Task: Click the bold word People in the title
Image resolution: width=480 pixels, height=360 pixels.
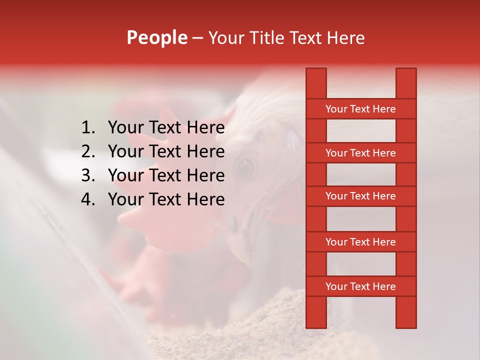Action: tap(157, 37)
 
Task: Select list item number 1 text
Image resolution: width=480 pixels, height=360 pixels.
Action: tap(166, 128)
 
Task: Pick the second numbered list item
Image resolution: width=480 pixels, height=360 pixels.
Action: tap(166, 151)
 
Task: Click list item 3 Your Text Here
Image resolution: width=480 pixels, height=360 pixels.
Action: tap(166, 175)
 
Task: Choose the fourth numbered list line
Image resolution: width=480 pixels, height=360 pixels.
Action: tap(166, 199)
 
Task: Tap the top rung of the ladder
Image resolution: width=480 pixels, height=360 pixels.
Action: tap(360, 109)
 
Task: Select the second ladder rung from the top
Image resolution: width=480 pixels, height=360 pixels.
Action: tap(360, 153)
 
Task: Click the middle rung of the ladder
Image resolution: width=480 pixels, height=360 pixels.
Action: tap(360, 196)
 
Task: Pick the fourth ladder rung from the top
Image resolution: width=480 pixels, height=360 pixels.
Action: tap(360, 242)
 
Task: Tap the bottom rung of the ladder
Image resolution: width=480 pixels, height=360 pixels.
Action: tap(360, 286)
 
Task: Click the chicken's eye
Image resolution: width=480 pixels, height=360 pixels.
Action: tap(245, 167)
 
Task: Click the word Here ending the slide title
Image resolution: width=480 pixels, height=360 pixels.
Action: tap(346, 37)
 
